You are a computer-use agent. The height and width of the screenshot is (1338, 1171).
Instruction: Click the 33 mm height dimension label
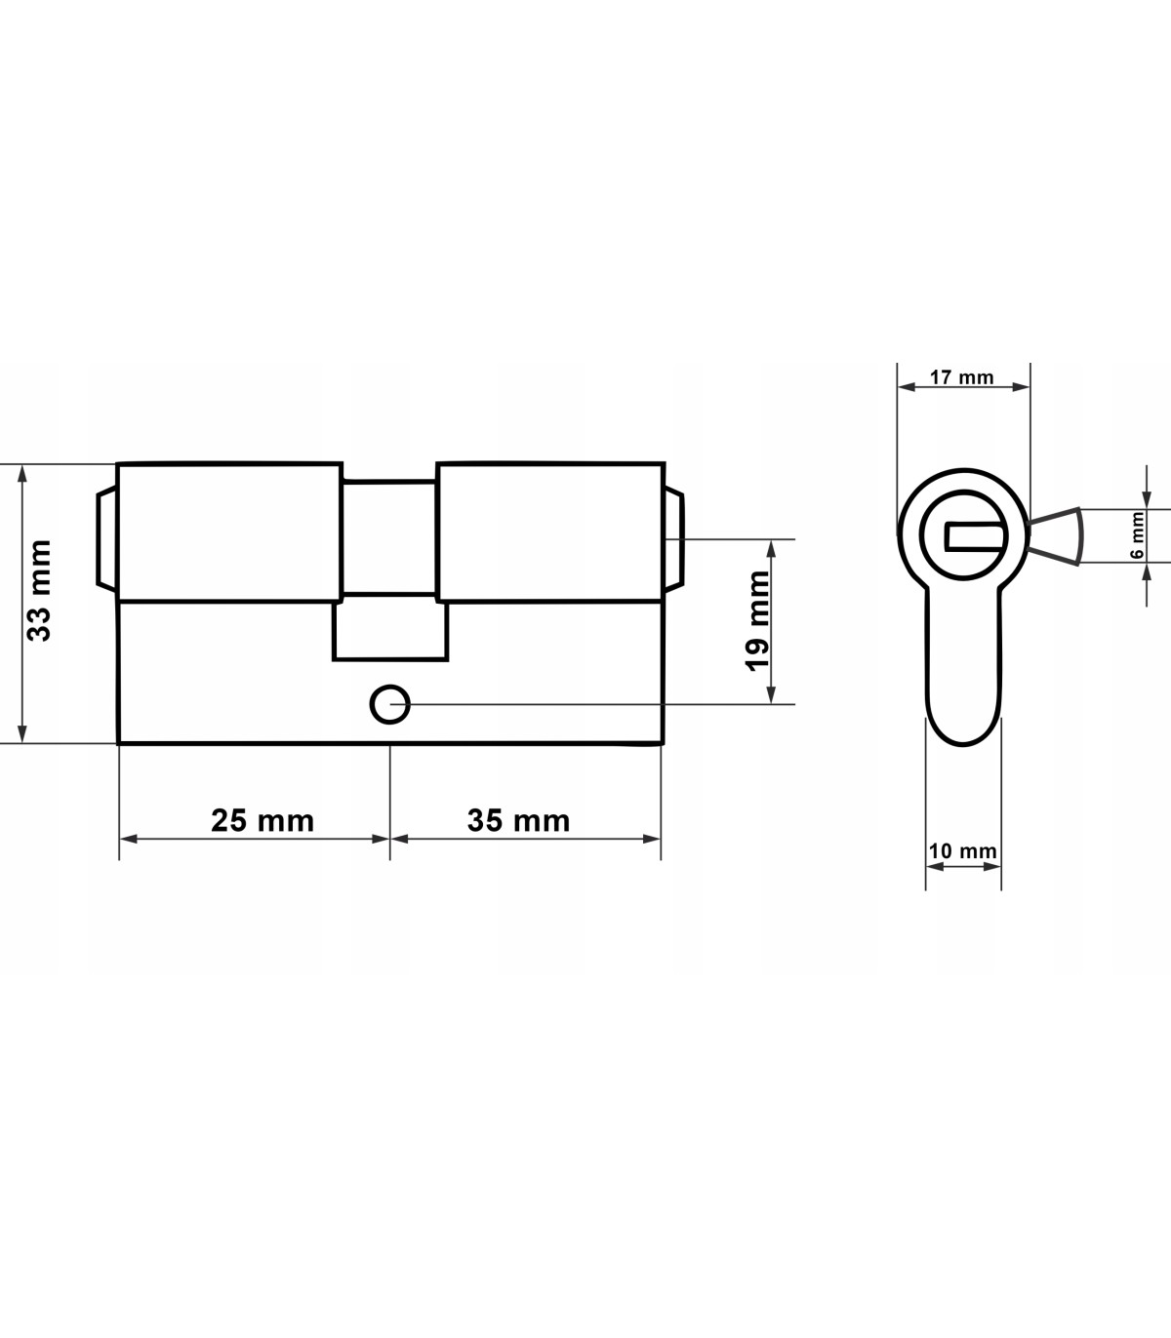pyautogui.click(x=39, y=591)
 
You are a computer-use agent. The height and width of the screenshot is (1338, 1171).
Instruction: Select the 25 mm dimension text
pyautogui.click(x=262, y=820)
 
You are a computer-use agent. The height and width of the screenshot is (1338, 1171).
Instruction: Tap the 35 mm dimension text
pyautogui.click(x=519, y=820)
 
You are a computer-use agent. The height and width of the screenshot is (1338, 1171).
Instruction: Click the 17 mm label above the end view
pyautogui.click(x=961, y=377)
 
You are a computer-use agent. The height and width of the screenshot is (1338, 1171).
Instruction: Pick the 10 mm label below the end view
pyautogui.click(x=963, y=850)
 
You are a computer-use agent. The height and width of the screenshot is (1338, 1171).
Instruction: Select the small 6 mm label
pyautogui.click(x=1138, y=535)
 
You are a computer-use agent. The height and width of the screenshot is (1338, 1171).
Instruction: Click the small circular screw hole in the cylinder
pyautogui.click(x=390, y=704)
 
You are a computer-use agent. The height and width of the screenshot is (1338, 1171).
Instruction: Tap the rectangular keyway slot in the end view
pyautogui.click(x=975, y=536)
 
